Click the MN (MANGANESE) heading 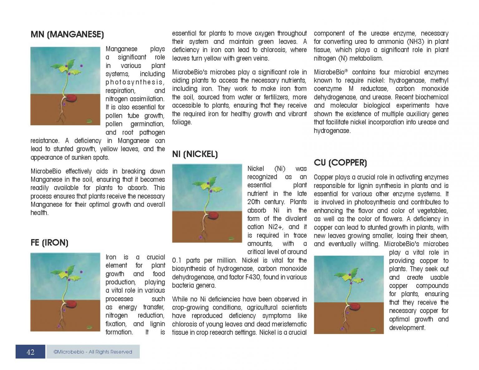click(67, 34)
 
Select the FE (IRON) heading click(49, 243)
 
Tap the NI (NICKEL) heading click(195, 154)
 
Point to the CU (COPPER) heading click(340, 163)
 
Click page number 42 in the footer click(31, 352)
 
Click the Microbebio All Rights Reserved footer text click(93, 352)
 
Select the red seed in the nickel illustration click(214, 216)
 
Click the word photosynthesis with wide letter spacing click(135, 82)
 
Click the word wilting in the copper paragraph click(370, 244)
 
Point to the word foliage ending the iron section click(182, 122)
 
